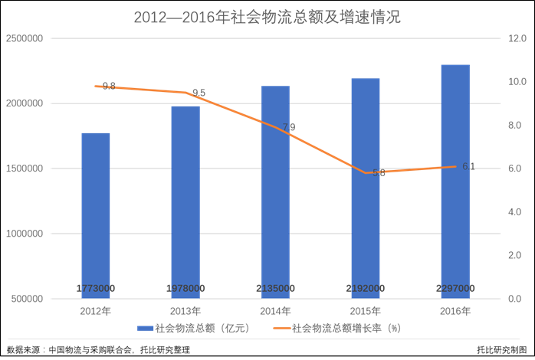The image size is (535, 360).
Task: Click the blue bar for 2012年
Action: point(96,214)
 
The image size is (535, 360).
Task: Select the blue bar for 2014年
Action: point(275,191)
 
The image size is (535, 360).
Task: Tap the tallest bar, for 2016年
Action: point(455,180)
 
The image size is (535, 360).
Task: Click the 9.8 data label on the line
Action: point(109,87)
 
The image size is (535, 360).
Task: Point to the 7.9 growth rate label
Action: point(288,127)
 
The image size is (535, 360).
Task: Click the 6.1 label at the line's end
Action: point(468,166)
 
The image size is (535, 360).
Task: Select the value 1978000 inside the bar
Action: point(185,288)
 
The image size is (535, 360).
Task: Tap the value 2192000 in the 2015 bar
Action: point(366,288)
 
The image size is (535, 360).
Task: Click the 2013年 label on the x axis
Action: point(185,311)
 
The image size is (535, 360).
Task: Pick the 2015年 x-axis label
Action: point(366,311)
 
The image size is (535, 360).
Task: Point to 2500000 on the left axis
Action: point(25,38)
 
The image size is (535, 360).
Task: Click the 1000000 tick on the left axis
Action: point(25,234)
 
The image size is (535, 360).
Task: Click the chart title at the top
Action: point(267,16)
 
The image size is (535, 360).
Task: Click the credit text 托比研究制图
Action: point(502,350)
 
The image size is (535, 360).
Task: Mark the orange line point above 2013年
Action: point(185,93)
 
